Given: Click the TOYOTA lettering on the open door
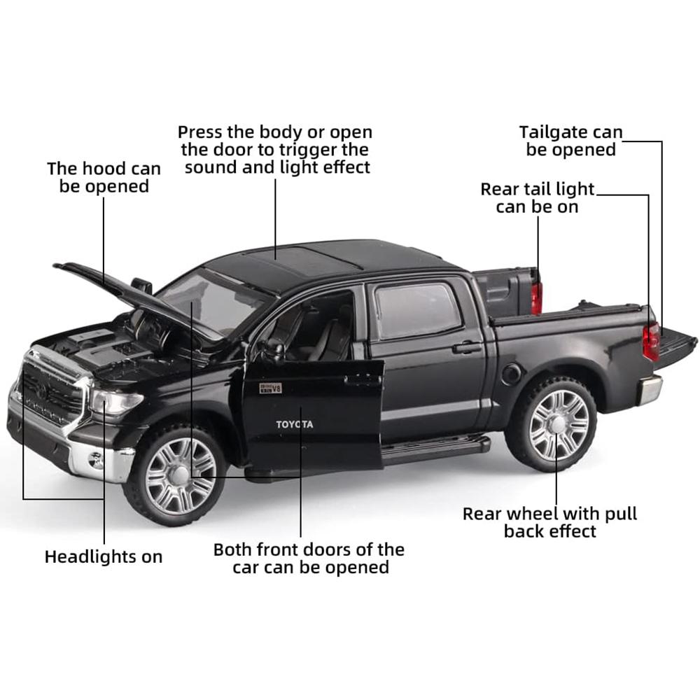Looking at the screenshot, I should pos(295,424).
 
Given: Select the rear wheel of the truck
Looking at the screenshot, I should pos(556,424).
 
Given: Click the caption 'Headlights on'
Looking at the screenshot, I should pos(104,557).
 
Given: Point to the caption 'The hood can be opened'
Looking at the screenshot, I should pos(104,178).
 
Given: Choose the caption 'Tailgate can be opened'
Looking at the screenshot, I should pos(570,141).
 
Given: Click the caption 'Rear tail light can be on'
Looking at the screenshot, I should pos(538,198).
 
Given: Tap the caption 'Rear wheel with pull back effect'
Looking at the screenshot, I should pos(550,522).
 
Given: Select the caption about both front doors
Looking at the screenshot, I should pos(309,559).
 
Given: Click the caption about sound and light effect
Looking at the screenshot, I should pos(275,150).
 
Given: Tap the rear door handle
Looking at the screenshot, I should pos(467,347).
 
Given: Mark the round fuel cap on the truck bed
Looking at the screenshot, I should pos(512,374).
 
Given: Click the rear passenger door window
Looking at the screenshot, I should pos(417,310).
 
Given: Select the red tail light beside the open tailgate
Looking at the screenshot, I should pos(651,341).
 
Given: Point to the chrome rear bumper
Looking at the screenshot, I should pos(650,388).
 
